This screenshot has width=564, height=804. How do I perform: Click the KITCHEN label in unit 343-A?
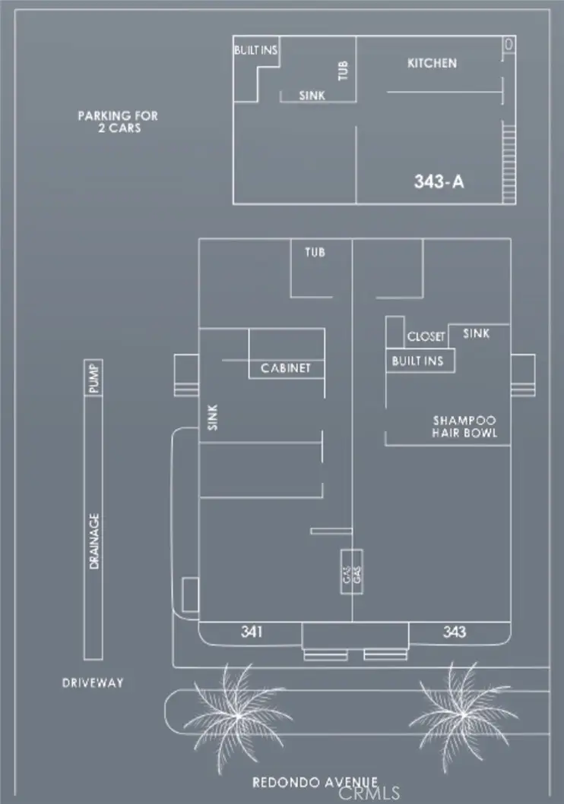coord(432,64)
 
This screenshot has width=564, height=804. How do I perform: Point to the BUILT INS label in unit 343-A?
coord(255,50)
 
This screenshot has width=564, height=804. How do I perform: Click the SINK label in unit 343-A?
coord(312,96)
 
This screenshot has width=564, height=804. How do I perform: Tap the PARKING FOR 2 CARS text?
coord(118,121)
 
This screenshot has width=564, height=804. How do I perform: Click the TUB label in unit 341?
coord(315,252)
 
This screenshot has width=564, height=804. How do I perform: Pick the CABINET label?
coord(286,369)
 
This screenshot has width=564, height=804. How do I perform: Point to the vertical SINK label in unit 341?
coord(212,418)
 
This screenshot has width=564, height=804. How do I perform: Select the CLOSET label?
coord(426,336)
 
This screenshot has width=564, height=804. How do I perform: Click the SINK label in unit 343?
coord(476,333)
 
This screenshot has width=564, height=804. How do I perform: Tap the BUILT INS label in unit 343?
coord(417,361)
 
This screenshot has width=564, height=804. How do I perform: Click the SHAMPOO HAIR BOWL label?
coord(464,426)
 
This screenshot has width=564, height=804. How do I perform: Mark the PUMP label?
coord(93,378)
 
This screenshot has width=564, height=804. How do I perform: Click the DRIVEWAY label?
coord(92,683)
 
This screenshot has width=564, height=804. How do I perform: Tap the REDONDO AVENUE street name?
coord(315,783)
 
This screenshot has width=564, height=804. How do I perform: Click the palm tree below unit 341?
coord(236,714)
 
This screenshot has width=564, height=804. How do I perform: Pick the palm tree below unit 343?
coord(463,713)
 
